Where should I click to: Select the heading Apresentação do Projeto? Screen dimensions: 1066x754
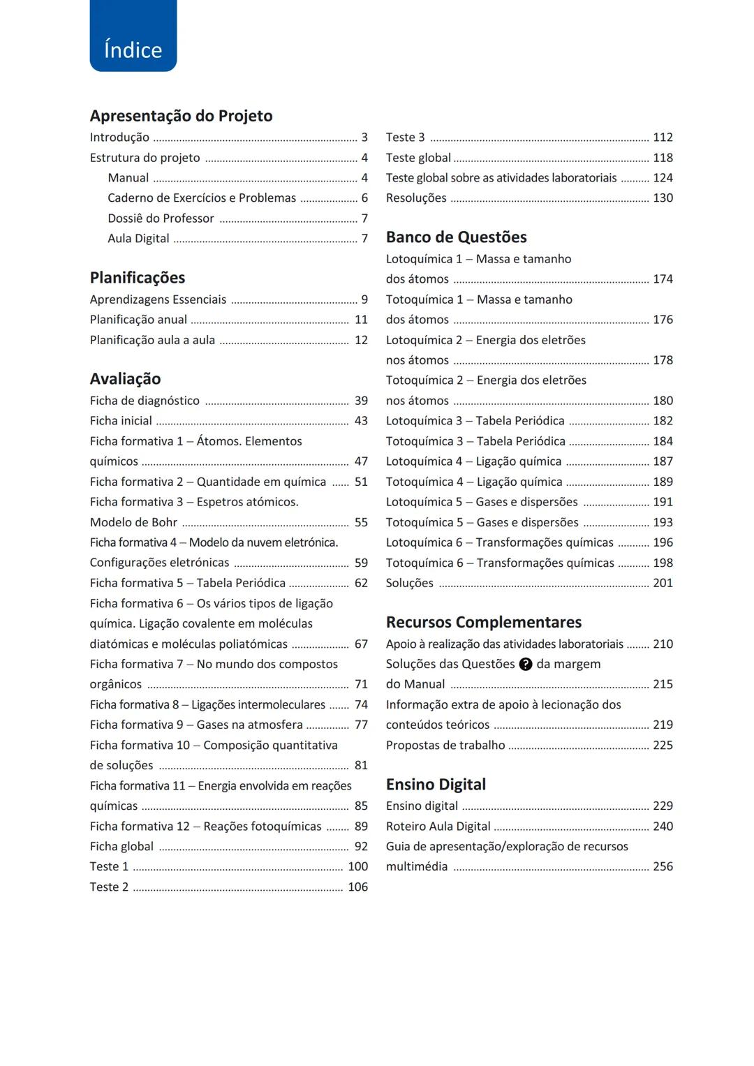click(181, 116)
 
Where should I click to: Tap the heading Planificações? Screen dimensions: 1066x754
click(138, 278)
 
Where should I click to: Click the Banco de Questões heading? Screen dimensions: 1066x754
click(456, 237)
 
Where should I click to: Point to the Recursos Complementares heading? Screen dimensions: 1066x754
click(483, 622)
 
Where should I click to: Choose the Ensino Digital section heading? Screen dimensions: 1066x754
click(436, 785)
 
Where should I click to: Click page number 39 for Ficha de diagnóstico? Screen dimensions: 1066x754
click(361, 401)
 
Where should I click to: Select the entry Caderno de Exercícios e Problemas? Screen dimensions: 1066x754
click(202, 198)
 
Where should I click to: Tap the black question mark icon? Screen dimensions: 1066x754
click(526, 665)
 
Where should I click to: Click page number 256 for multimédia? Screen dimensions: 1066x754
click(663, 866)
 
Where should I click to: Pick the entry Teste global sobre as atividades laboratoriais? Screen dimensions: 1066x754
click(501, 178)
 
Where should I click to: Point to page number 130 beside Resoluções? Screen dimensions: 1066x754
click(663, 198)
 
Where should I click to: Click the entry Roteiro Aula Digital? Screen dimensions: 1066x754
click(438, 827)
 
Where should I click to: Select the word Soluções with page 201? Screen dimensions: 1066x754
click(409, 584)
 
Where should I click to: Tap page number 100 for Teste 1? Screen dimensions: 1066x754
click(357, 866)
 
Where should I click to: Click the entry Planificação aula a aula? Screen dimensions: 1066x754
click(152, 341)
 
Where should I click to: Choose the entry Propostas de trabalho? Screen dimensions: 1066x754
click(445, 746)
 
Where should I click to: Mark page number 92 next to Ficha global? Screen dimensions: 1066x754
click(361, 847)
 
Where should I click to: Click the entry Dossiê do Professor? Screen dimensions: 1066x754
click(161, 219)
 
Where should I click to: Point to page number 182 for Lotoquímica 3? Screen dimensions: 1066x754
click(663, 421)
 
